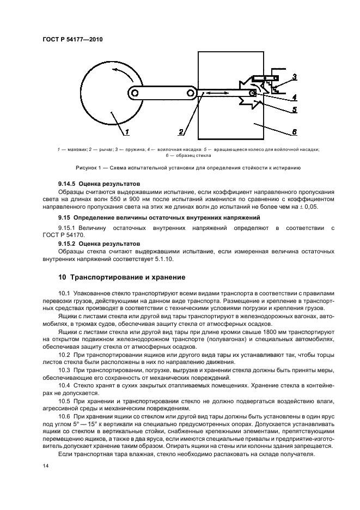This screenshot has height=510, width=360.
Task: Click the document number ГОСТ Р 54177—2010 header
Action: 72,40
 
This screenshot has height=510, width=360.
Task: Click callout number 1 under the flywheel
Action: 126,131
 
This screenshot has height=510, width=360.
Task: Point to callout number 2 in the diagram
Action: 181,131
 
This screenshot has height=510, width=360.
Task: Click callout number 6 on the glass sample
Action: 294,131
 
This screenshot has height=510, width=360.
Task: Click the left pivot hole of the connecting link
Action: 134,94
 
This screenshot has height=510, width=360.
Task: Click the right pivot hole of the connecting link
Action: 191,94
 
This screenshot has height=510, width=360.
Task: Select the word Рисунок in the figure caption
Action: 71,168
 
